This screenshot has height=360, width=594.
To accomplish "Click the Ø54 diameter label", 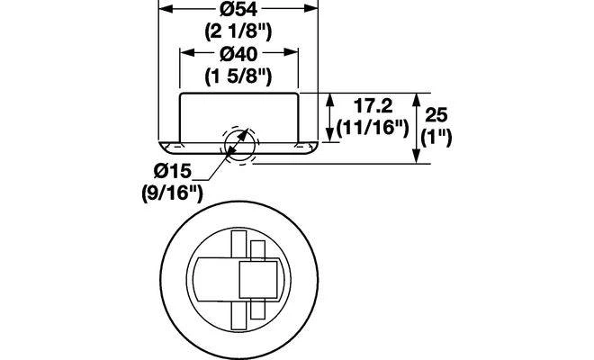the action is click(238, 10).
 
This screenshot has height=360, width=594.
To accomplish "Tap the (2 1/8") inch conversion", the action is click(238, 31).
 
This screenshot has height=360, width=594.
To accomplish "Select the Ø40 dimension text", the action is click(238, 54).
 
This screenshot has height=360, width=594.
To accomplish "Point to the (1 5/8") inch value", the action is click(238, 76).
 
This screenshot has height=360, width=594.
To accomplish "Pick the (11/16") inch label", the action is click(373, 128).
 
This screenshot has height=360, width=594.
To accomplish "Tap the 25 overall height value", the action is click(436, 114).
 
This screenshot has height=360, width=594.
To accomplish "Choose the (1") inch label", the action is click(436, 137).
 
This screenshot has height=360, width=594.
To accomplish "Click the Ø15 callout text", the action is click(173, 171).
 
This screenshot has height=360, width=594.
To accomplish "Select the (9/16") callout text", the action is click(173, 193).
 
